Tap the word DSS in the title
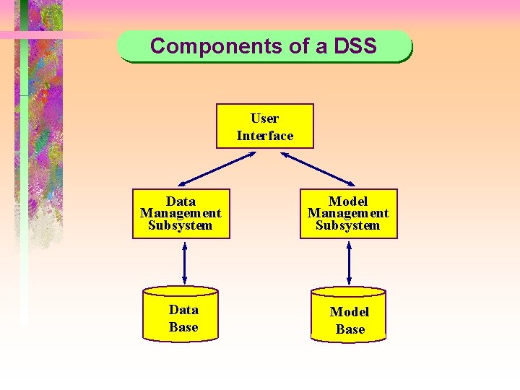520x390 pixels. pyautogui.click(x=355, y=46)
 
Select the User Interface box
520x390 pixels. pyautogui.click(x=265, y=126)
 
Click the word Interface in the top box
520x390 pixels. pyautogui.click(x=265, y=136)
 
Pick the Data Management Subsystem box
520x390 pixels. pyautogui.click(x=181, y=214)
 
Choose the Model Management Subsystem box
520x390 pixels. pyautogui.click(x=348, y=214)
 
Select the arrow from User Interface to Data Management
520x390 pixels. pyautogui.click(x=213, y=168)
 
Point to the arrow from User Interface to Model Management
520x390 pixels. pyautogui.click(x=317, y=168)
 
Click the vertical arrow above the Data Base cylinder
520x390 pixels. pyautogui.click(x=185, y=263)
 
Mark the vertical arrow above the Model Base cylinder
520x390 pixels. pyautogui.click(x=349, y=263)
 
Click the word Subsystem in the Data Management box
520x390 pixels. pyautogui.click(x=181, y=225)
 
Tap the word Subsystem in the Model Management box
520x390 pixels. pyautogui.click(x=348, y=225)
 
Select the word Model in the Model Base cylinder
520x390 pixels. pyautogui.click(x=350, y=312)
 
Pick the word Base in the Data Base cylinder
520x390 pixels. pyautogui.click(x=183, y=327)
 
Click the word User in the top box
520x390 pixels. pyautogui.click(x=265, y=118)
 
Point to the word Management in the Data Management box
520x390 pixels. pyautogui.click(x=181, y=213)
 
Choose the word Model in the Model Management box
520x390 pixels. pyautogui.click(x=348, y=201)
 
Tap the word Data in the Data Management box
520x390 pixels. pyautogui.click(x=181, y=201)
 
